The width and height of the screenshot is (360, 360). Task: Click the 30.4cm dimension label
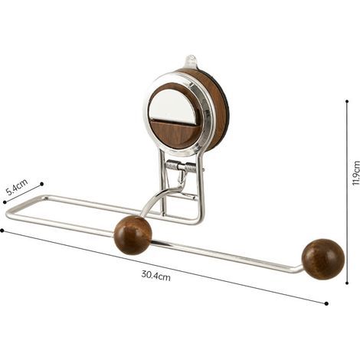155,276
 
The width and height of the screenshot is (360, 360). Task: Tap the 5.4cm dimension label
17,187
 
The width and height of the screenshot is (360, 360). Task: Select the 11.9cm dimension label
355,173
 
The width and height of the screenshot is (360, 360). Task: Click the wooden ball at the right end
323,259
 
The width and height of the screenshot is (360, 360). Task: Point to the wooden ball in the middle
133,235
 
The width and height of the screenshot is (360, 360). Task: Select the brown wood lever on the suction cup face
175,134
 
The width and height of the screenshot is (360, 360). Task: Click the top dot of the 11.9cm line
347,101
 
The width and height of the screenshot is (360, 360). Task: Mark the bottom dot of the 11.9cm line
347,283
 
